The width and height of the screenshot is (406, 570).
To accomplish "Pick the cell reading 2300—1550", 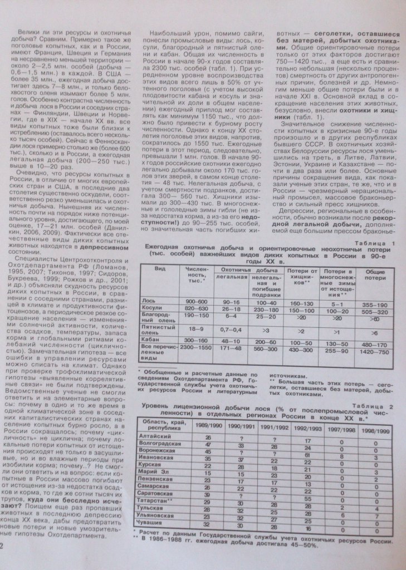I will (x=196, y=347).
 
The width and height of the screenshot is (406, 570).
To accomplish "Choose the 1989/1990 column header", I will (x=207, y=425).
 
